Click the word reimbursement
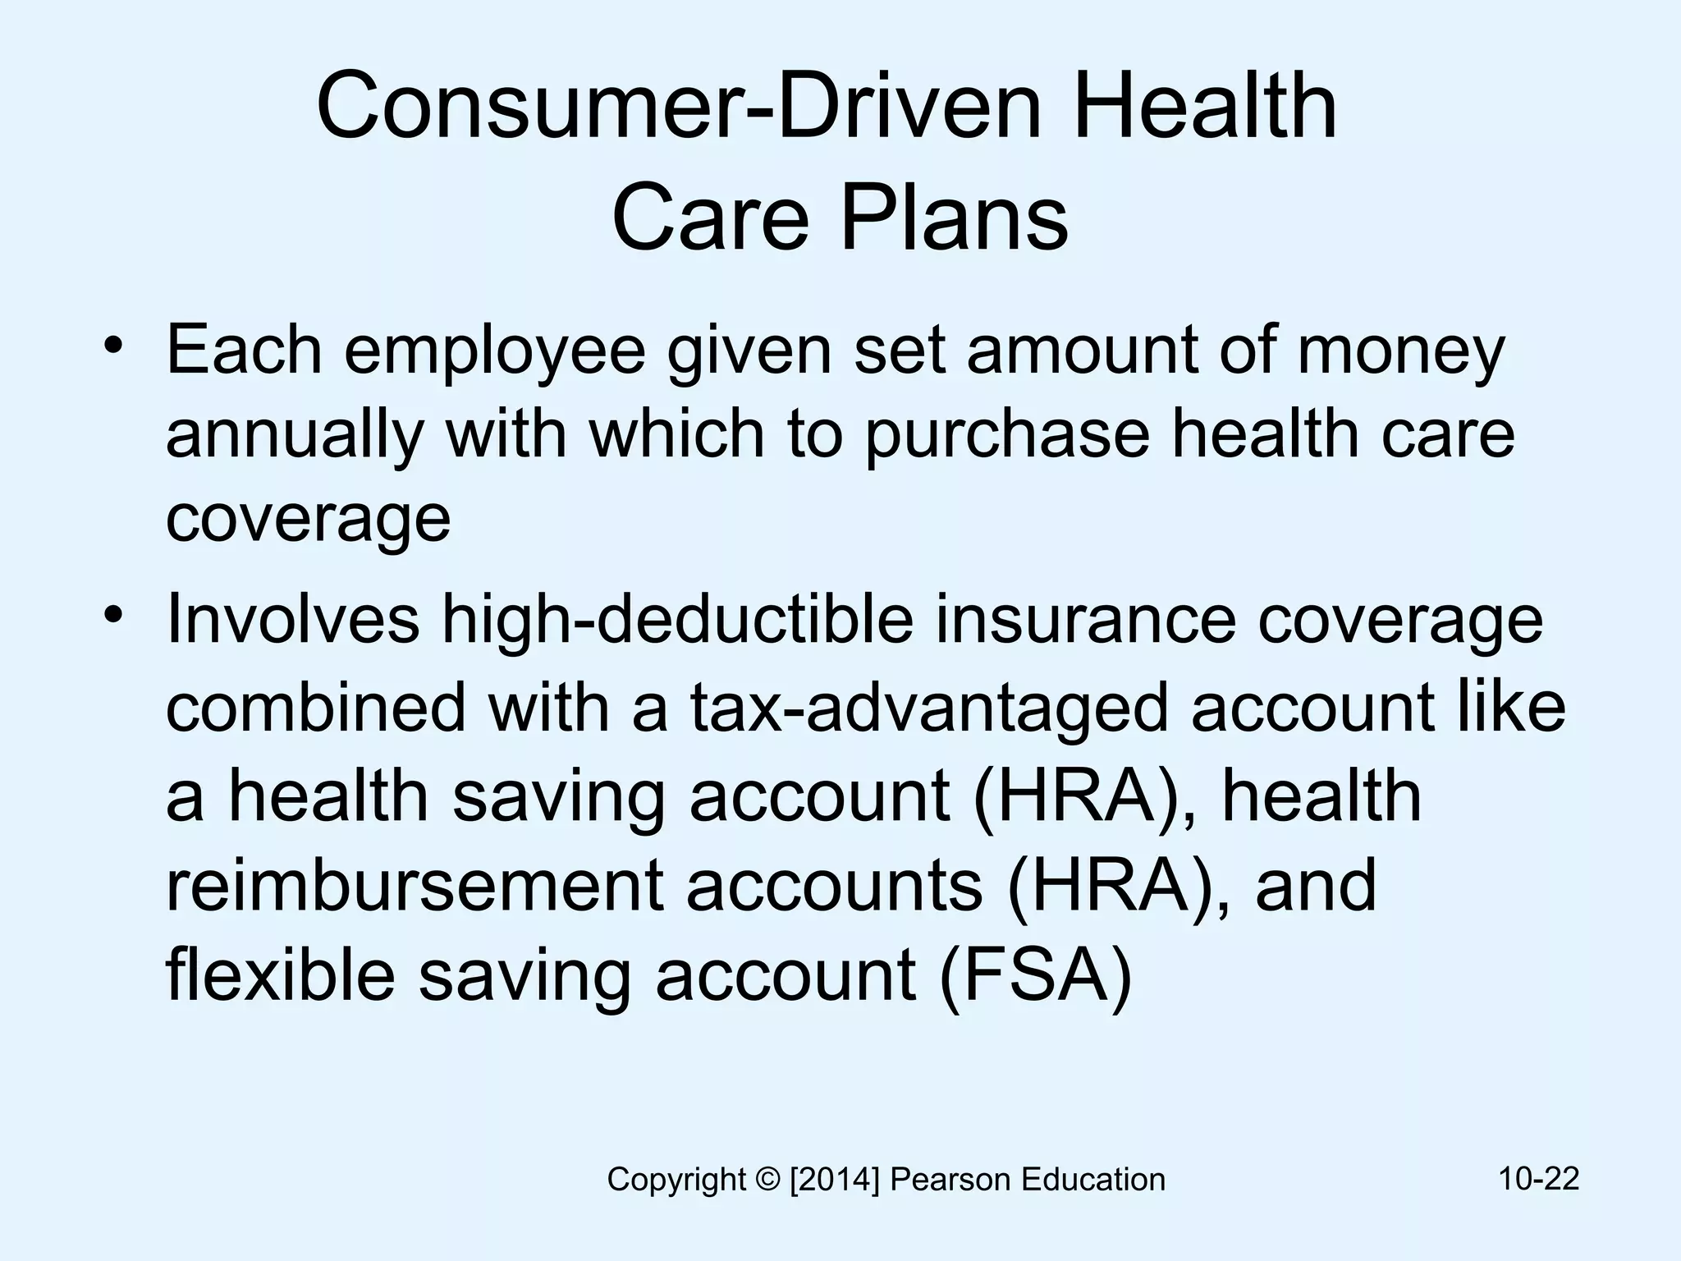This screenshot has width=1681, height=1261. click(x=414, y=887)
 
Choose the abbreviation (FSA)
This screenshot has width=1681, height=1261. click(x=1036, y=977)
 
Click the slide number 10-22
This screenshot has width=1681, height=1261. click(x=1538, y=1179)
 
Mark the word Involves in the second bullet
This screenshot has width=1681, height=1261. click(x=291, y=621)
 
